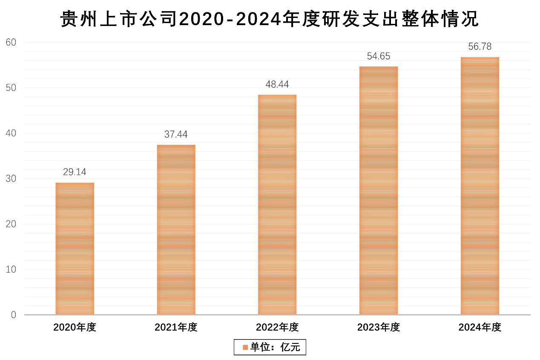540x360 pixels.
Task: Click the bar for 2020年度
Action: pyautogui.click(x=75, y=249)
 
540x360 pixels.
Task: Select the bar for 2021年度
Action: pyautogui.click(x=176, y=230)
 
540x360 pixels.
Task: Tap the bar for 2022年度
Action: pyautogui.click(x=277, y=205)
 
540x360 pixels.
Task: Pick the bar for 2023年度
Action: pyautogui.click(x=379, y=191)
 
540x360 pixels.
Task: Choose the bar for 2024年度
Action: pyautogui.click(x=480, y=186)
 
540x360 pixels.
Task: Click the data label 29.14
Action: pyautogui.click(x=75, y=173)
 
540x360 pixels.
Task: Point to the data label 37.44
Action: pyautogui.click(x=176, y=135)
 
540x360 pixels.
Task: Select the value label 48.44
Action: pyautogui.click(x=277, y=84)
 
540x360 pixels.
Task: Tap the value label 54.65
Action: pyautogui.click(x=379, y=56)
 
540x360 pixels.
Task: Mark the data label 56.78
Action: pyautogui.click(x=480, y=47)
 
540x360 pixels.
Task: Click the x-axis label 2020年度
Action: pyautogui.click(x=75, y=327)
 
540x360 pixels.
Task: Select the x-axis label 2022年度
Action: pyautogui.click(x=277, y=327)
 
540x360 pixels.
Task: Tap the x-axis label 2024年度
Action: pyautogui.click(x=480, y=327)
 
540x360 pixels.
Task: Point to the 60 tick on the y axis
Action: pyautogui.click(x=11, y=43)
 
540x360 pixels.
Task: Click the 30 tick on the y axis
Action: pyautogui.click(x=11, y=179)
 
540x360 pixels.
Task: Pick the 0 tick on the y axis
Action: pyautogui.click(x=14, y=315)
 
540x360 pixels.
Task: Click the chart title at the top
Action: pyautogui.click(x=270, y=19)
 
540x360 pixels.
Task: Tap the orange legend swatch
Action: pyautogui.click(x=245, y=347)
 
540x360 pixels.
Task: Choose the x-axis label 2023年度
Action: pyautogui.click(x=379, y=327)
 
